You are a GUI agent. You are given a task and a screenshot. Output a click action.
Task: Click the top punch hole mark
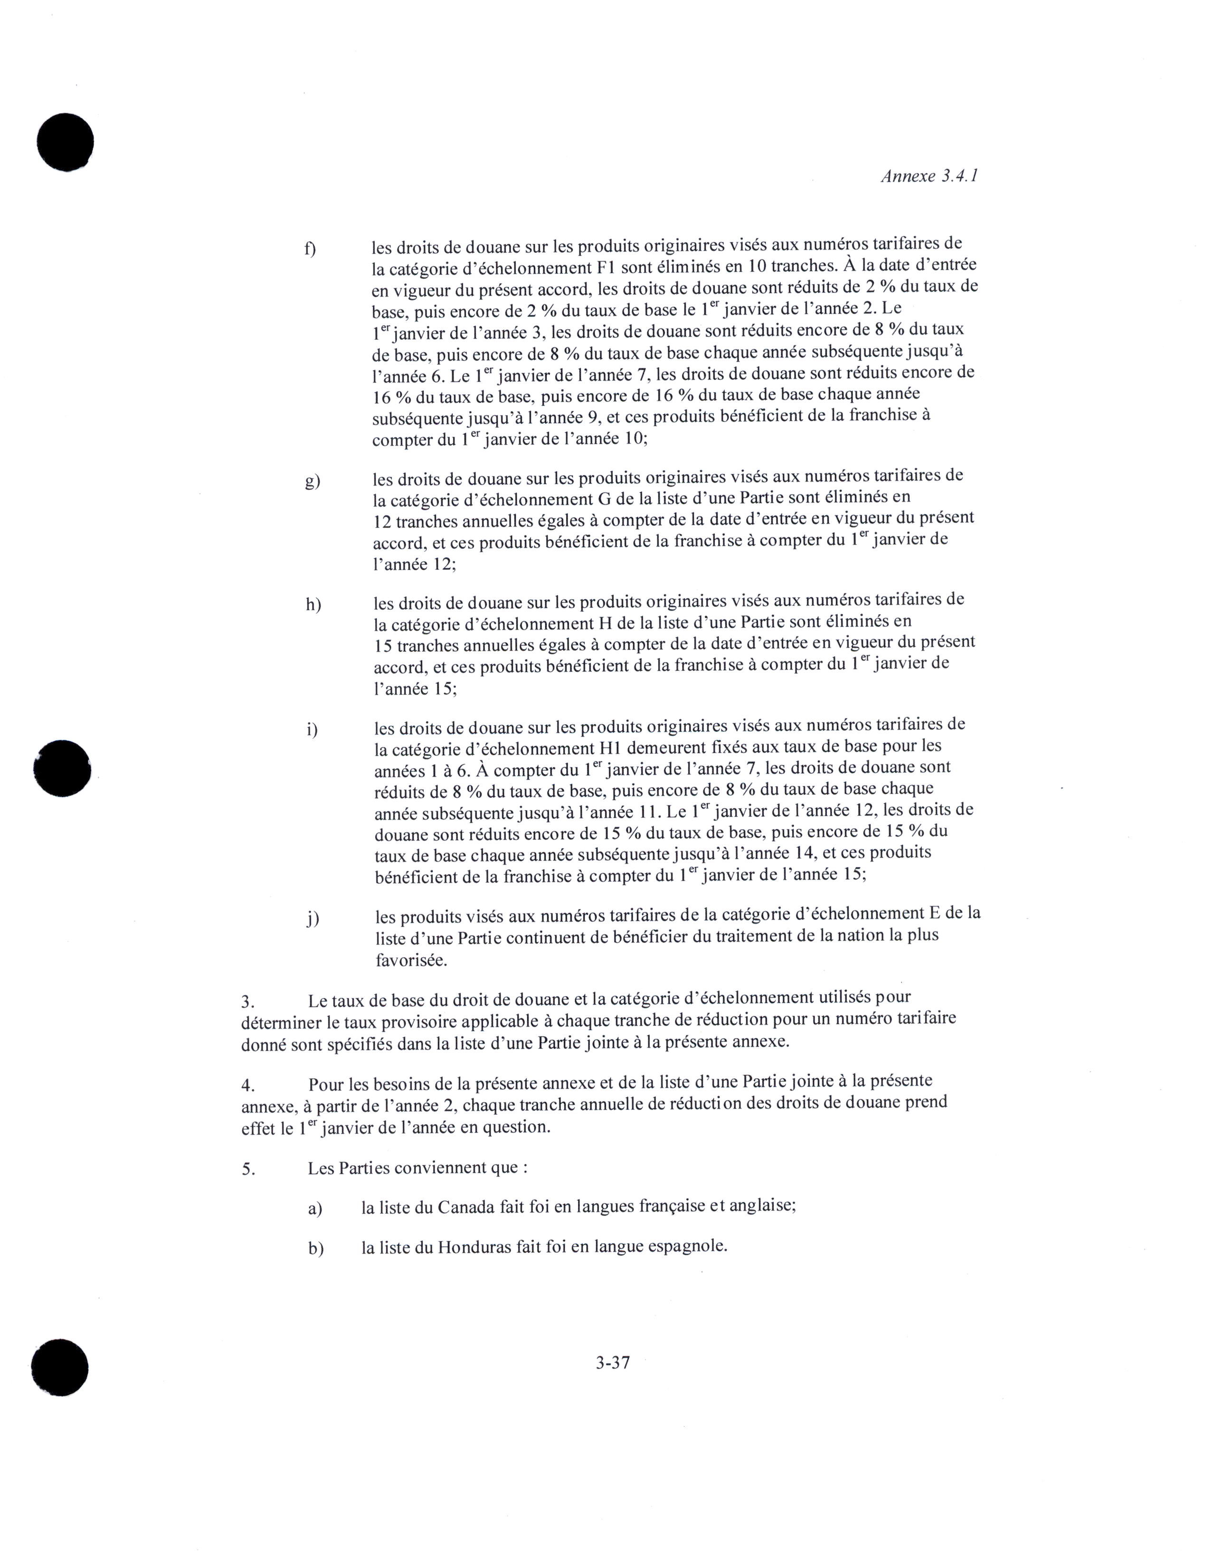(65, 142)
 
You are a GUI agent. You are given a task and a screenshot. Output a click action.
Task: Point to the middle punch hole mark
(63, 767)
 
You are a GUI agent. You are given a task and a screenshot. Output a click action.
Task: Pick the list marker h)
(313, 604)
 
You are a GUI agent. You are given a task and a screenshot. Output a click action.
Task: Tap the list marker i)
(312, 729)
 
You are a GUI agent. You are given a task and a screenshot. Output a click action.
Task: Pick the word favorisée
(411, 960)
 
